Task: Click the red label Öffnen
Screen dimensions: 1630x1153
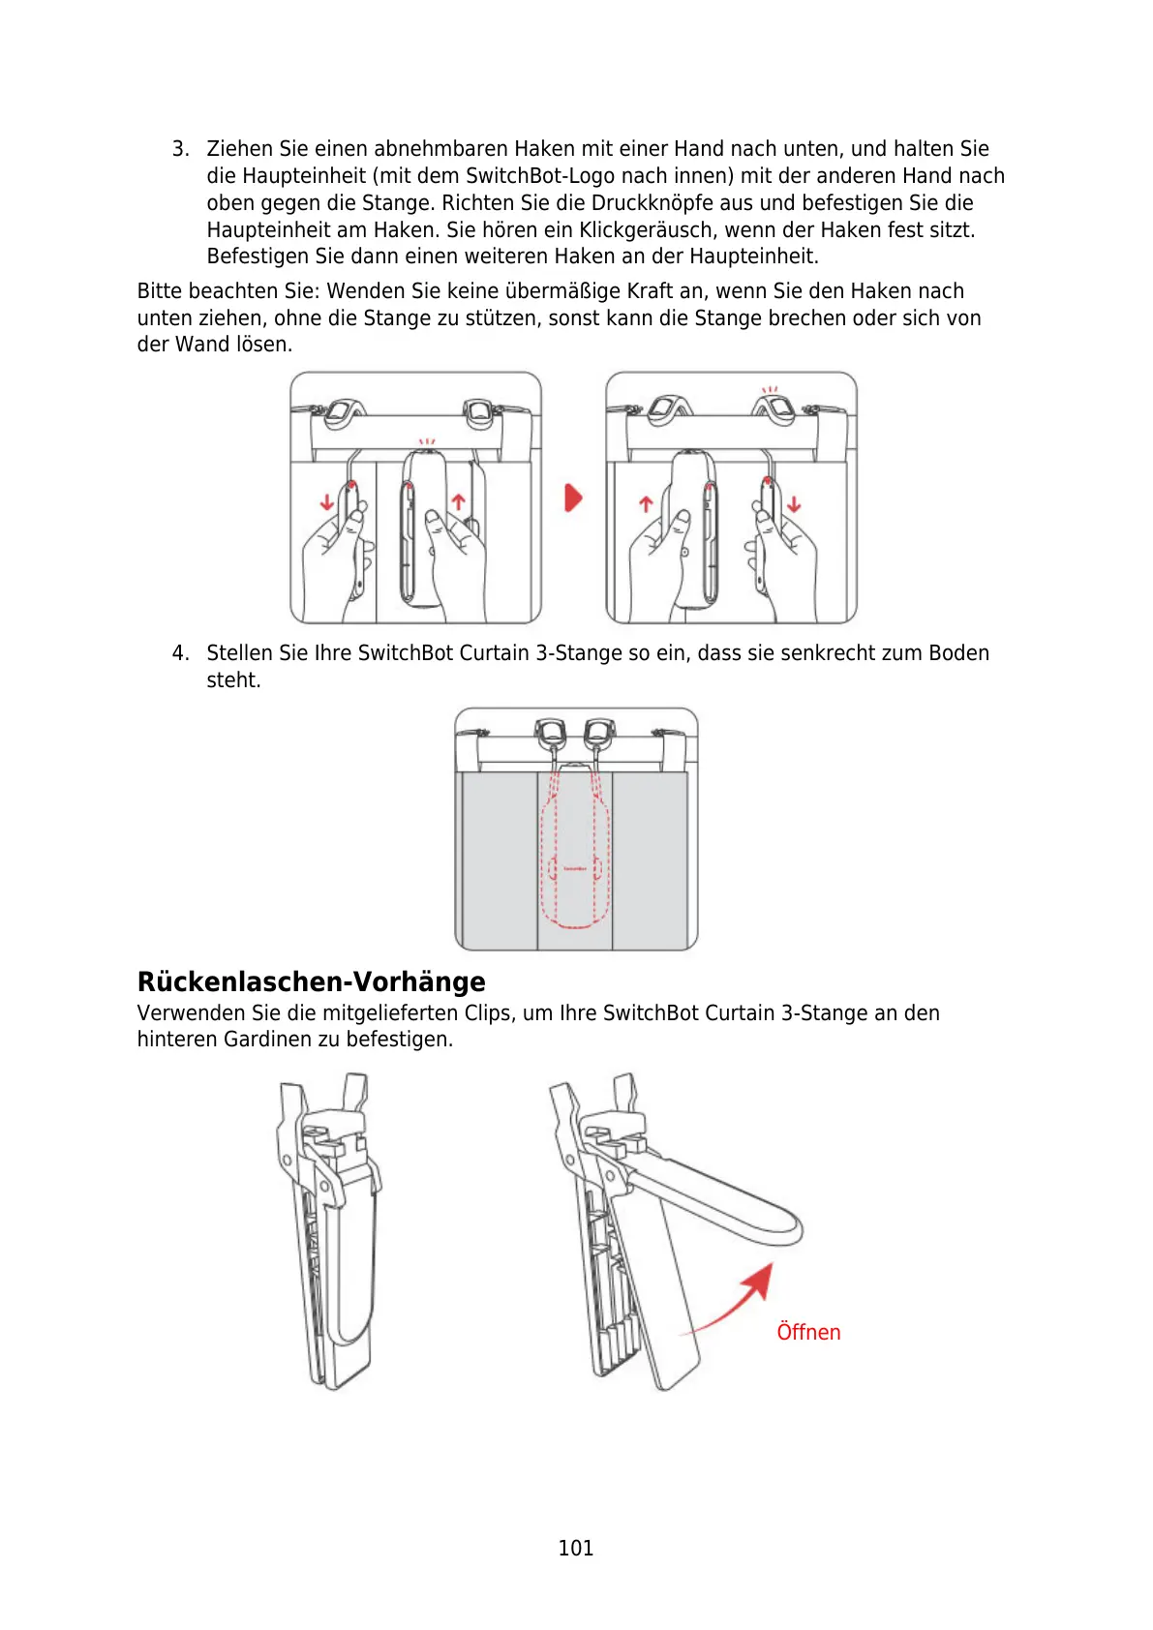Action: click(808, 1333)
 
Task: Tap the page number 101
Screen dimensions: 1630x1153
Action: click(576, 1548)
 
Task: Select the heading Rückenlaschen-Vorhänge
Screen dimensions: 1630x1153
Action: click(311, 981)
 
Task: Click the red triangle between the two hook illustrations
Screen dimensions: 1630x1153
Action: click(574, 498)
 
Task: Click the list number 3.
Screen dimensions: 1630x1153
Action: click(179, 149)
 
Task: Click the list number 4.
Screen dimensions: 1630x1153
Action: click(179, 653)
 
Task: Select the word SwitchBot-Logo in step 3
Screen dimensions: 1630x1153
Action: click(540, 176)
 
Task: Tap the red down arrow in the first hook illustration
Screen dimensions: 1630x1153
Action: click(327, 502)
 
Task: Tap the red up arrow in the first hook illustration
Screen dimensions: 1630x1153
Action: click(459, 502)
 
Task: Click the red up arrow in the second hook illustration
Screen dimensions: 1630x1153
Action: click(646, 504)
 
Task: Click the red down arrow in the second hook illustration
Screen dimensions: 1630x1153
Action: click(795, 504)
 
